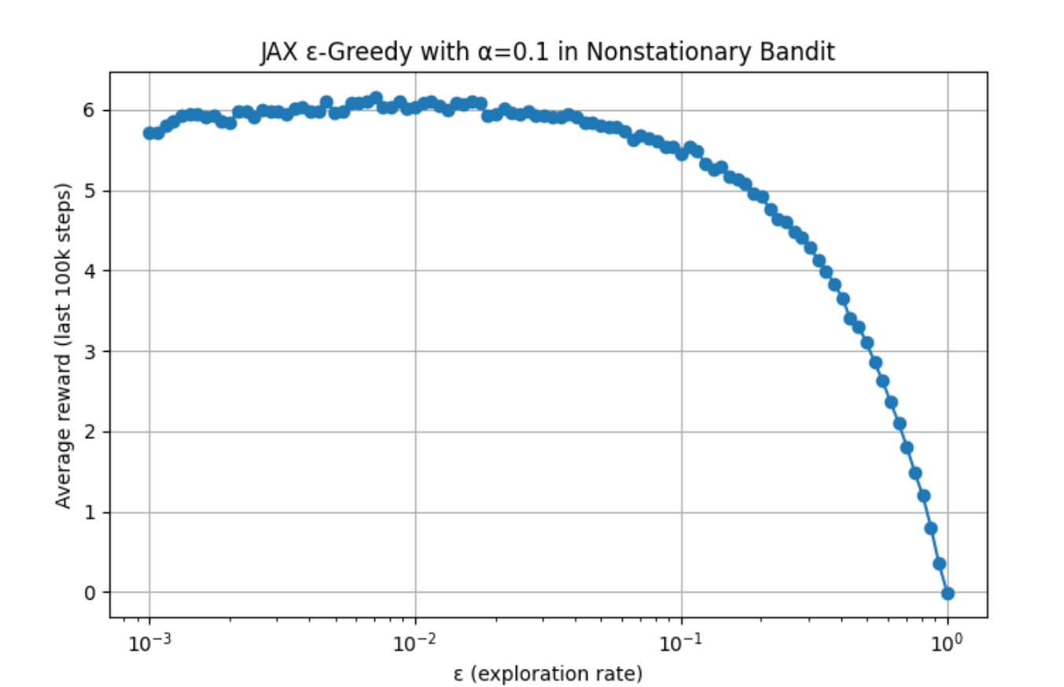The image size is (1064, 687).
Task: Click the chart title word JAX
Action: pyautogui.click(x=275, y=54)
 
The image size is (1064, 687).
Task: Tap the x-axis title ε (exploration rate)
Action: pyautogui.click(x=548, y=674)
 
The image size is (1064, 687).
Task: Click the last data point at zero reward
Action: pyautogui.click(x=948, y=593)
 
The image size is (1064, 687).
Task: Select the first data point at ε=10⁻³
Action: pyautogui.click(x=149, y=133)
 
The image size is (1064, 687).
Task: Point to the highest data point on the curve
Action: pyautogui.click(x=376, y=98)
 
